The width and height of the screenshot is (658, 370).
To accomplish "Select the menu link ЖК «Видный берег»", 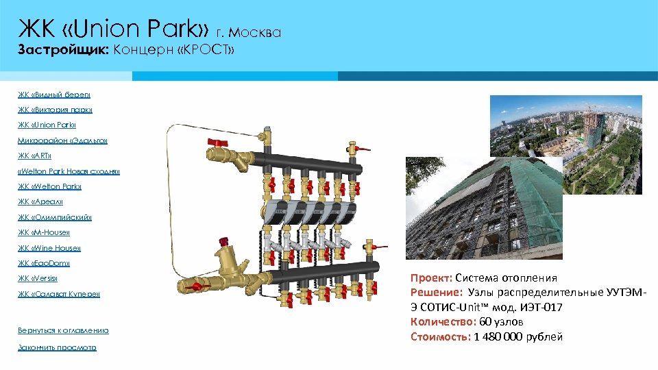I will tap(54, 95).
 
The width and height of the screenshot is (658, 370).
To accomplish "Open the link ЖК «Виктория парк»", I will tap(55, 110).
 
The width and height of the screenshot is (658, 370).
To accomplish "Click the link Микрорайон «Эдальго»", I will tap(62, 140).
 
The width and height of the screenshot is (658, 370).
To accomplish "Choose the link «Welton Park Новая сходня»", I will tap(69, 171).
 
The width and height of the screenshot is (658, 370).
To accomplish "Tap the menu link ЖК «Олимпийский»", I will tap(55, 217).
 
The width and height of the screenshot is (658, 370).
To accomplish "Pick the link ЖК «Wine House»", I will tap(49, 248).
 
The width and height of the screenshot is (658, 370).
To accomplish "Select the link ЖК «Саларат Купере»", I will tap(59, 294).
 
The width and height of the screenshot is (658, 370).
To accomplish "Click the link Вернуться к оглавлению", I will tap(63, 330).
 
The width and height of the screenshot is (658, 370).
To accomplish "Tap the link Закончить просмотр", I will tap(57, 347).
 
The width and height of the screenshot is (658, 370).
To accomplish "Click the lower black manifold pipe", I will tap(322, 270).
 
